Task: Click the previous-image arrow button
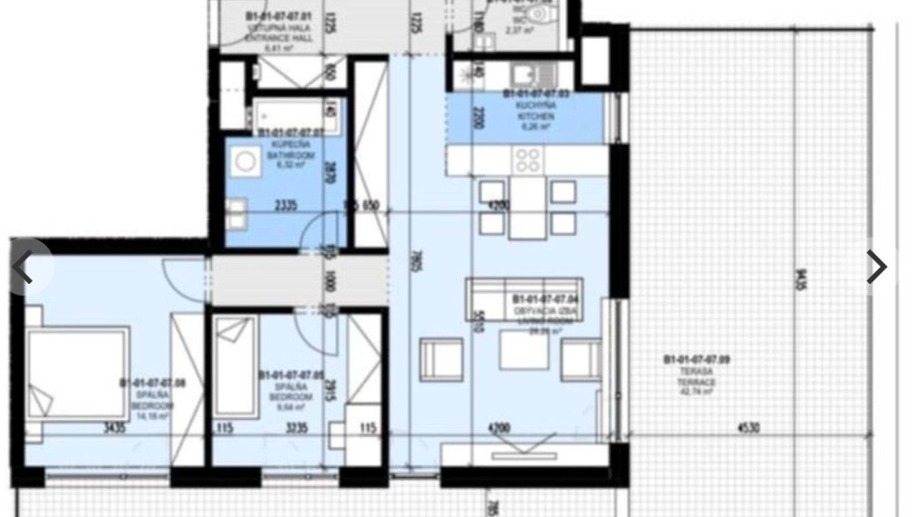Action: (23, 268)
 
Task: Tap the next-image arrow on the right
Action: (876, 267)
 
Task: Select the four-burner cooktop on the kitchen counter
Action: (527, 161)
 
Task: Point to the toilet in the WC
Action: (542, 14)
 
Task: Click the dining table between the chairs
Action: (527, 206)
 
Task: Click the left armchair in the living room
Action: (441, 359)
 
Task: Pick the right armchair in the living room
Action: (581, 359)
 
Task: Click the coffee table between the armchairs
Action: (524, 349)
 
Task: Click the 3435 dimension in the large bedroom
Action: (114, 428)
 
